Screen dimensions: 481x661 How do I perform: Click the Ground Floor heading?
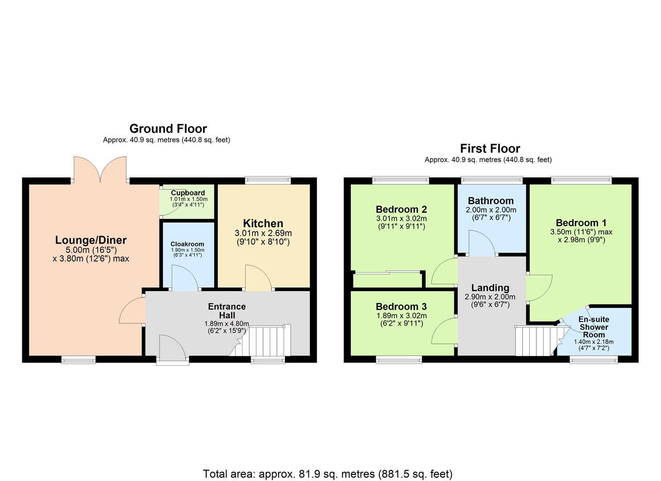(x=168, y=129)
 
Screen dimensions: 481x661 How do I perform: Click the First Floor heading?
(x=490, y=148)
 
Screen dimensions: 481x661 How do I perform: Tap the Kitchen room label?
(x=263, y=224)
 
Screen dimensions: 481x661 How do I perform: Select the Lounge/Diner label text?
(x=91, y=240)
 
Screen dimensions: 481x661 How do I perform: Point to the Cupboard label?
(x=188, y=193)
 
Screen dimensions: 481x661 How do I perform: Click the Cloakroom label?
(x=187, y=244)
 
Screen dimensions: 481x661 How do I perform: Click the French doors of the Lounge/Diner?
(x=101, y=169)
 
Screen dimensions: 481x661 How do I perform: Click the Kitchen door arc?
(x=258, y=278)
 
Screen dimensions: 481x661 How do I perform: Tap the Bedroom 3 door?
(x=443, y=331)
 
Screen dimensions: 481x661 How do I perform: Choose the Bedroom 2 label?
(x=401, y=209)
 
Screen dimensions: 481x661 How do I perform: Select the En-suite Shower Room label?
(x=594, y=327)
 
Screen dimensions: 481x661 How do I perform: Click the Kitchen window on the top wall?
(x=268, y=180)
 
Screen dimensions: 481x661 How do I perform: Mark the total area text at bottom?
(x=328, y=473)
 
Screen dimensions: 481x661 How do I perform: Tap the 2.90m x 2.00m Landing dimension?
(x=490, y=297)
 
